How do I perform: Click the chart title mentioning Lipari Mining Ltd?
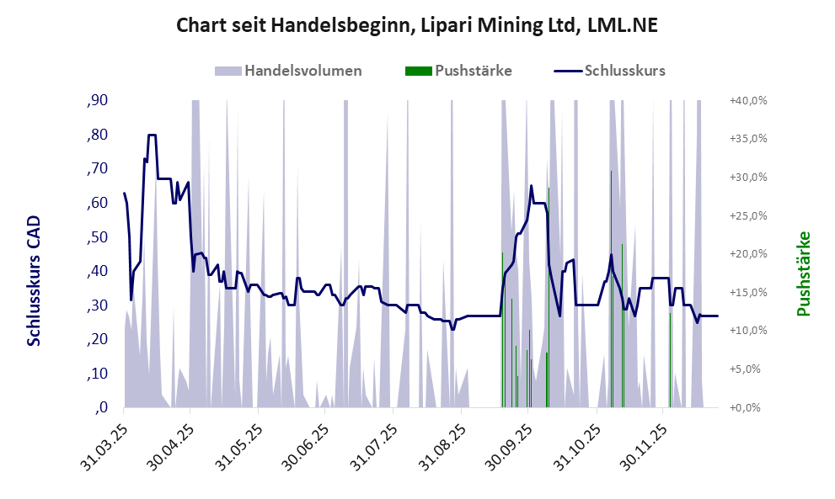(x=416, y=25)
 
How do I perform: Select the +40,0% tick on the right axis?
(x=747, y=100)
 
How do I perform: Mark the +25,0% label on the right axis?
(x=747, y=215)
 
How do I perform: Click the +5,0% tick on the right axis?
(x=748, y=369)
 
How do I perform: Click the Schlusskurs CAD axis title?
(x=35, y=280)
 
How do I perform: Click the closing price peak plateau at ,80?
(x=153, y=135)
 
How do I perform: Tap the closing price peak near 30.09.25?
(x=531, y=186)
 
